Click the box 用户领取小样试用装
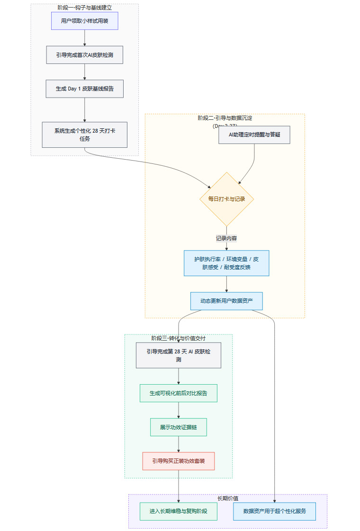84,21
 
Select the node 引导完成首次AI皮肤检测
84,55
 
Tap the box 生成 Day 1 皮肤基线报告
84,89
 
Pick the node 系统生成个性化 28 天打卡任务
84,135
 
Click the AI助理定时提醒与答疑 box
254,135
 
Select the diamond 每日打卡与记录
227,199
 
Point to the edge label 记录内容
226,238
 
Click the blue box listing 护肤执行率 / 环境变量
226,263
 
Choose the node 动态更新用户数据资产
226,301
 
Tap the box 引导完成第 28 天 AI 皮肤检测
179,355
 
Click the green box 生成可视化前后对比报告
179,393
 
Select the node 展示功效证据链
179,427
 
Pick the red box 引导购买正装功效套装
179,461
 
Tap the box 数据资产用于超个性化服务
274,511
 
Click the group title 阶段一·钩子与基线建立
84,8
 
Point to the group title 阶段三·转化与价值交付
179,338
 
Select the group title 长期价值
228,498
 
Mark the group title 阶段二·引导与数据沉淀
225,118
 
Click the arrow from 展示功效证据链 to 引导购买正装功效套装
179,444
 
